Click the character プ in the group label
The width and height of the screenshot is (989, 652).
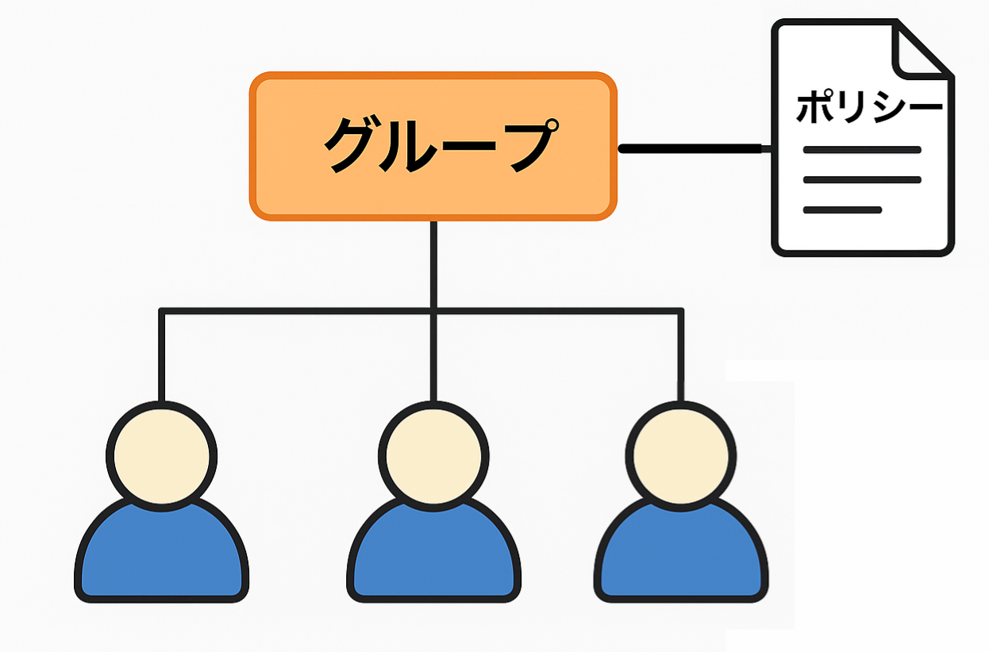click(x=525, y=146)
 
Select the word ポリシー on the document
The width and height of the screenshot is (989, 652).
click(x=869, y=107)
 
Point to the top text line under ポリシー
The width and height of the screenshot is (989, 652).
click(x=862, y=150)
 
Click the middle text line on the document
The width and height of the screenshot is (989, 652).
click(x=862, y=180)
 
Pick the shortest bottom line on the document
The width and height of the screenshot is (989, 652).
click(x=842, y=210)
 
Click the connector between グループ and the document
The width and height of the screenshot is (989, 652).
click(x=691, y=148)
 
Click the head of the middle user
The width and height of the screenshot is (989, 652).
click(x=433, y=454)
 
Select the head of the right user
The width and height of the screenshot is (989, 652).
click(x=680, y=454)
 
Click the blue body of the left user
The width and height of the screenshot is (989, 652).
click(x=161, y=555)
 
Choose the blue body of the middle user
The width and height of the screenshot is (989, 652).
click(x=433, y=555)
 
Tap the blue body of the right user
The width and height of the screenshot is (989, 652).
click(x=680, y=555)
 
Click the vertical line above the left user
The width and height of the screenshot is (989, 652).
click(x=162, y=357)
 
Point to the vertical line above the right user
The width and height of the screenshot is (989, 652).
click(x=681, y=357)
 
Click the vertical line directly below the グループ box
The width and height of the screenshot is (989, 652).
click(x=433, y=262)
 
